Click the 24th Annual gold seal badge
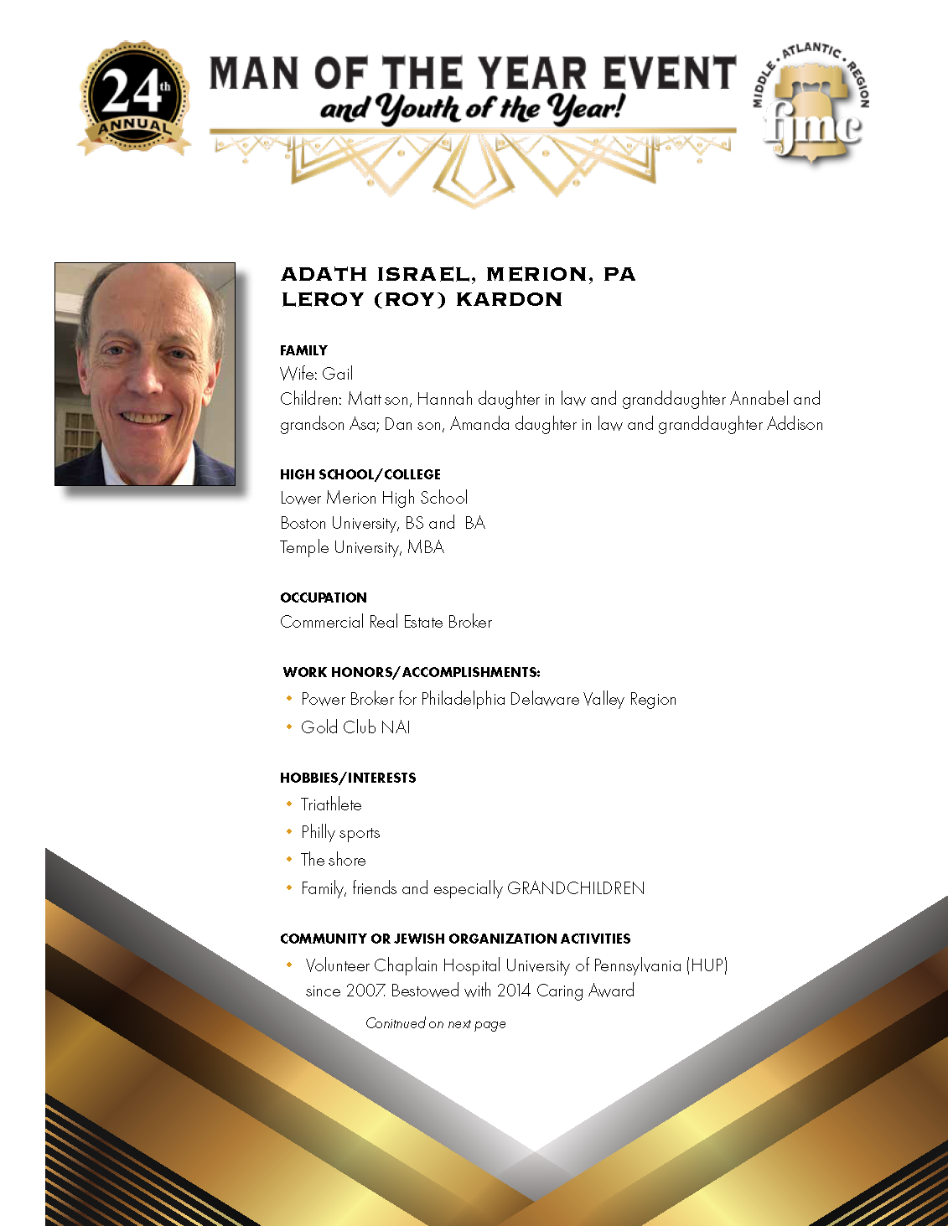click(x=134, y=99)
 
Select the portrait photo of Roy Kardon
click(x=145, y=374)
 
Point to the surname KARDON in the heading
click(x=509, y=300)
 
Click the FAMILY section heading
click(x=303, y=350)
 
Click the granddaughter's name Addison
click(x=795, y=424)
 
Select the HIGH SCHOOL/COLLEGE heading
click(x=360, y=474)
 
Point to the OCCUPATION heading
click(x=324, y=597)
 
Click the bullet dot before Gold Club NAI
click(x=289, y=727)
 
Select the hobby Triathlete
click(x=331, y=804)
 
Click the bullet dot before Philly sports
click(x=289, y=831)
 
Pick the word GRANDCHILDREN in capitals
click(x=576, y=888)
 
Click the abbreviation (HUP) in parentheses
click(x=707, y=965)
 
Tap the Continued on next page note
click(x=436, y=1023)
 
